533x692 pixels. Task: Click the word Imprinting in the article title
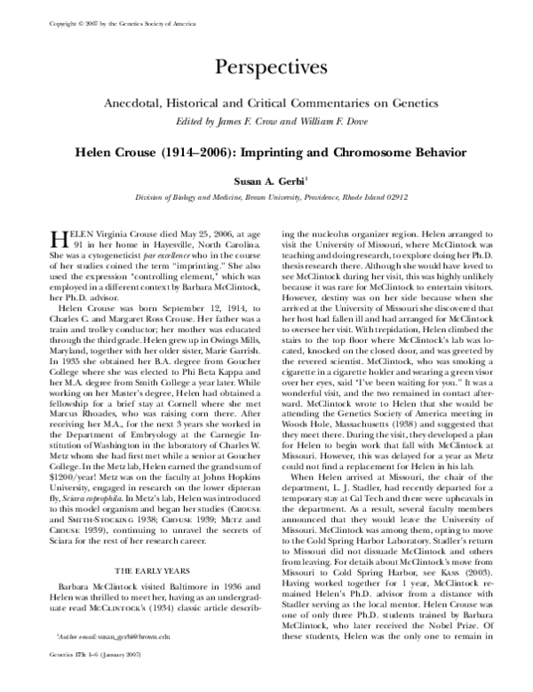tap(281, 153)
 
